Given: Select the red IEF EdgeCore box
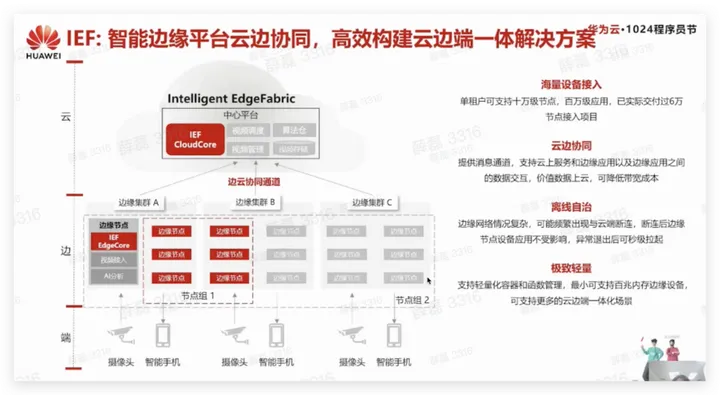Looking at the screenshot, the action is click(112, 239).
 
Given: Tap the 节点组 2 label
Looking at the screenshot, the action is click(411, 299).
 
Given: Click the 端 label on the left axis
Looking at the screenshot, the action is click(65, 336).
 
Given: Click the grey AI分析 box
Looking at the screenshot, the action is click(112, 273).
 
